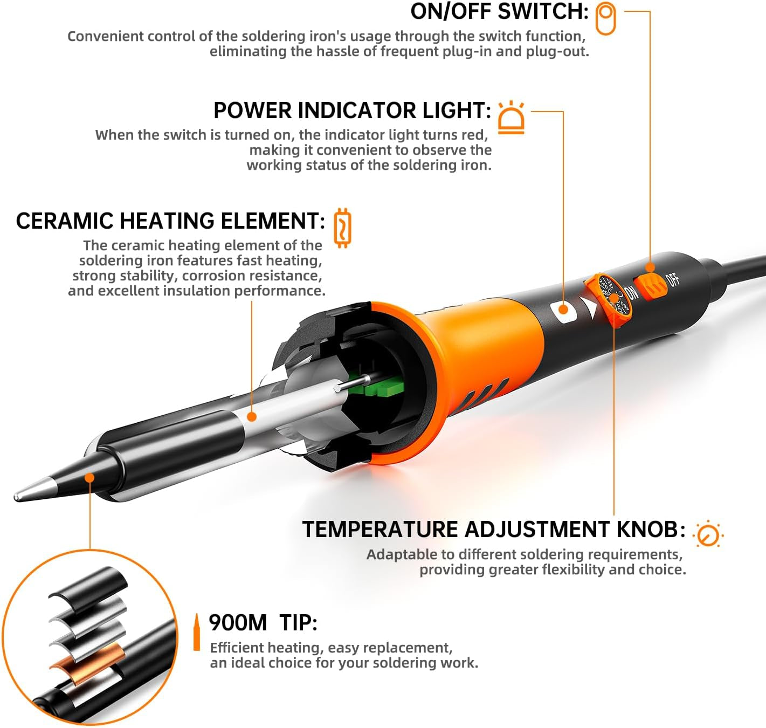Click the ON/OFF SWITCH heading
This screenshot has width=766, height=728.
(x=499, y=11)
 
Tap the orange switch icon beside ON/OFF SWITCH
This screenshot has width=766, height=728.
(x=605, y=19)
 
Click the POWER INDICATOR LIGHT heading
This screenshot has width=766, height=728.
(x=352, y=111)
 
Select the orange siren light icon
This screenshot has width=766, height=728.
(x=511, y=117)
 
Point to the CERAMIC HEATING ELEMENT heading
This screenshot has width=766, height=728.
(x=170, y=221)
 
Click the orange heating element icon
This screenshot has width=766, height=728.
(x=342, y=228)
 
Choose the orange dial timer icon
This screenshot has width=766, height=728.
(x=708, y=534)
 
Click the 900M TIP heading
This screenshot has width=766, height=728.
(x=263, y=623)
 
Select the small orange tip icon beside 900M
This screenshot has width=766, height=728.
(x=197, y=632)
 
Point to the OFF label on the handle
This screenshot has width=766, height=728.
(x=673, y=279)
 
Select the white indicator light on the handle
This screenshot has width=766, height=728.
(x=563, y=310)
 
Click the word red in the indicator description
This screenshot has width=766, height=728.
(x=476, y=135)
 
